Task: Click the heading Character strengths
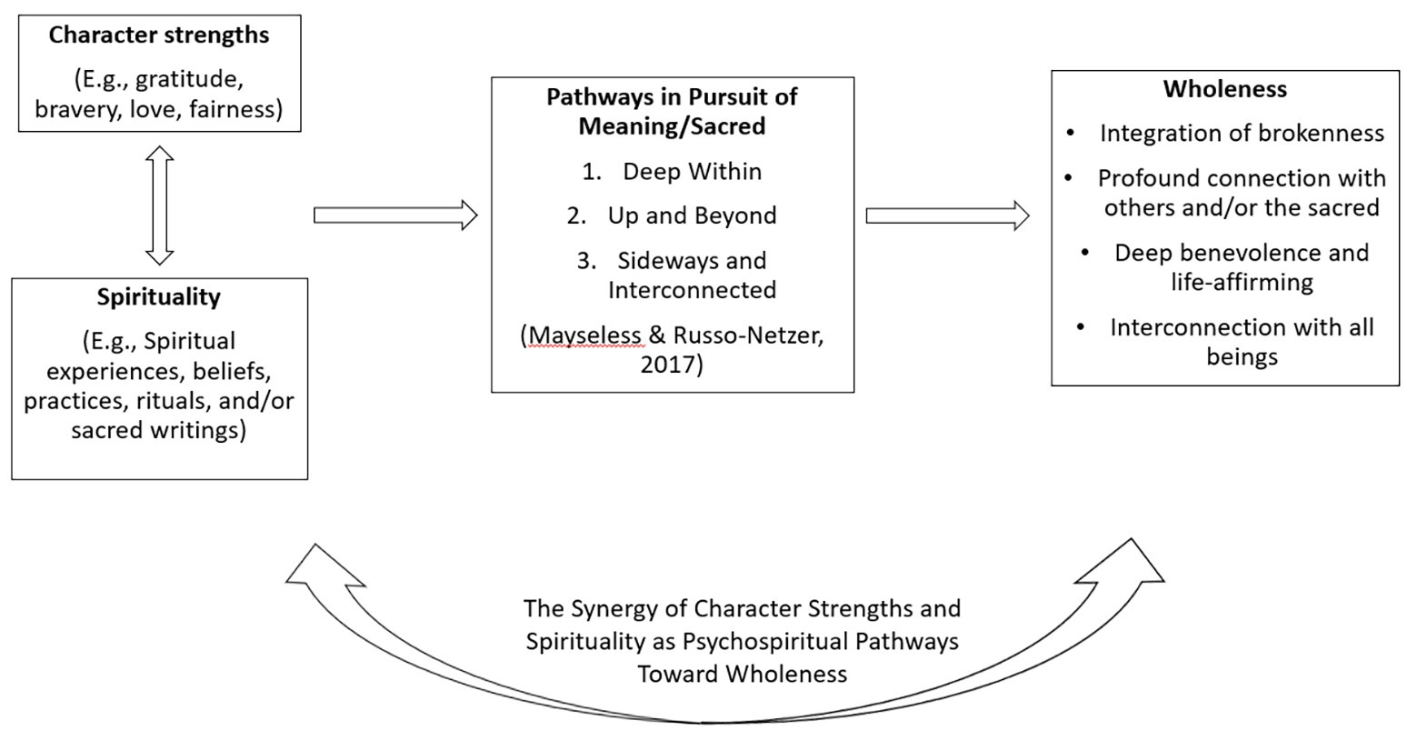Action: coord(159,35)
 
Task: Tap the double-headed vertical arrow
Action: coord(160,205)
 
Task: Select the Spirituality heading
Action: coord(159,297)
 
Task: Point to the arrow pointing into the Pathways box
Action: coord(394,215)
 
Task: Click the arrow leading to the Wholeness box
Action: coord(946,215)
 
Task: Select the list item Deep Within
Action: coord(692,172)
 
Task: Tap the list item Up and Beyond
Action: coord(692,216)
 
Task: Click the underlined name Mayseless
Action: coord(584,335)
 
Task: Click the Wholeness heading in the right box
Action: coord(1224,89)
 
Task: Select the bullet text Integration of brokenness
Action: coord(1242,134)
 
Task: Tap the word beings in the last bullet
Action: coord(1242,356)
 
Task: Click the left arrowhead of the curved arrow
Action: coord(318,568)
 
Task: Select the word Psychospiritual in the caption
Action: coord(765,641)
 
